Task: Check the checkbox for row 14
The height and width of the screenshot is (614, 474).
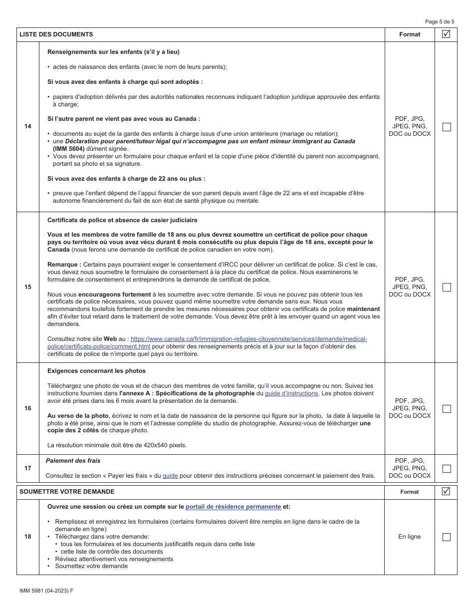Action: pyautogui.click(x=447, y=127)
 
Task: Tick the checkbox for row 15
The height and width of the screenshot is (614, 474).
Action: pyautogui.click(x=447, y=287)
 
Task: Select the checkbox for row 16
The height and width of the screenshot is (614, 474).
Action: pyautogui.click(x=447, y=408)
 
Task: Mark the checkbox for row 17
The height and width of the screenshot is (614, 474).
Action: pyautogui.click(x=447, y=468)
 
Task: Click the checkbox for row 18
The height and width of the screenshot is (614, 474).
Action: pyautogui.click(x=447, y=537)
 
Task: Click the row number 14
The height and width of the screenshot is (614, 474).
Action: pyautogui.click(x=28, y=127)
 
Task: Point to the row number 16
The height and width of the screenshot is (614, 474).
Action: pyautogui.click(x=28, y=408)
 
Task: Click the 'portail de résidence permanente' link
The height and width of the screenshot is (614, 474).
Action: pyautogui.click(x=233, y=507)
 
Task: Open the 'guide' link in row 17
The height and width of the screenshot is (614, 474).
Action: pyautogui.click(x=170, y=476)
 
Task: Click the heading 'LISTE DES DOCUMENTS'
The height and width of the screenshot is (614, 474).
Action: pyautogui.click(x=56, y=34)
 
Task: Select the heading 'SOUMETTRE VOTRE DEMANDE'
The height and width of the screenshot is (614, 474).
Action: pyautogui.click(x=67, y=492)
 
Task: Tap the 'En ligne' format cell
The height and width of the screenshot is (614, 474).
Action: pyautogui.click(x=409, y=537)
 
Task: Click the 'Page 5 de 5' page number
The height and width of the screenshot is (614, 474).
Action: pyautogui.click(x=440, y=21)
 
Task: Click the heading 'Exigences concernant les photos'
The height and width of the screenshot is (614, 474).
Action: pyautogui.click(x=96, y=371)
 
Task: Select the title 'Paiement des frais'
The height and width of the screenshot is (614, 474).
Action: pyautogui.click(x=73, y=461)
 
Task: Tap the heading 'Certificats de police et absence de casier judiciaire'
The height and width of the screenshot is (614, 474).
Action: pyautogui.click(x=122, y=220)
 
